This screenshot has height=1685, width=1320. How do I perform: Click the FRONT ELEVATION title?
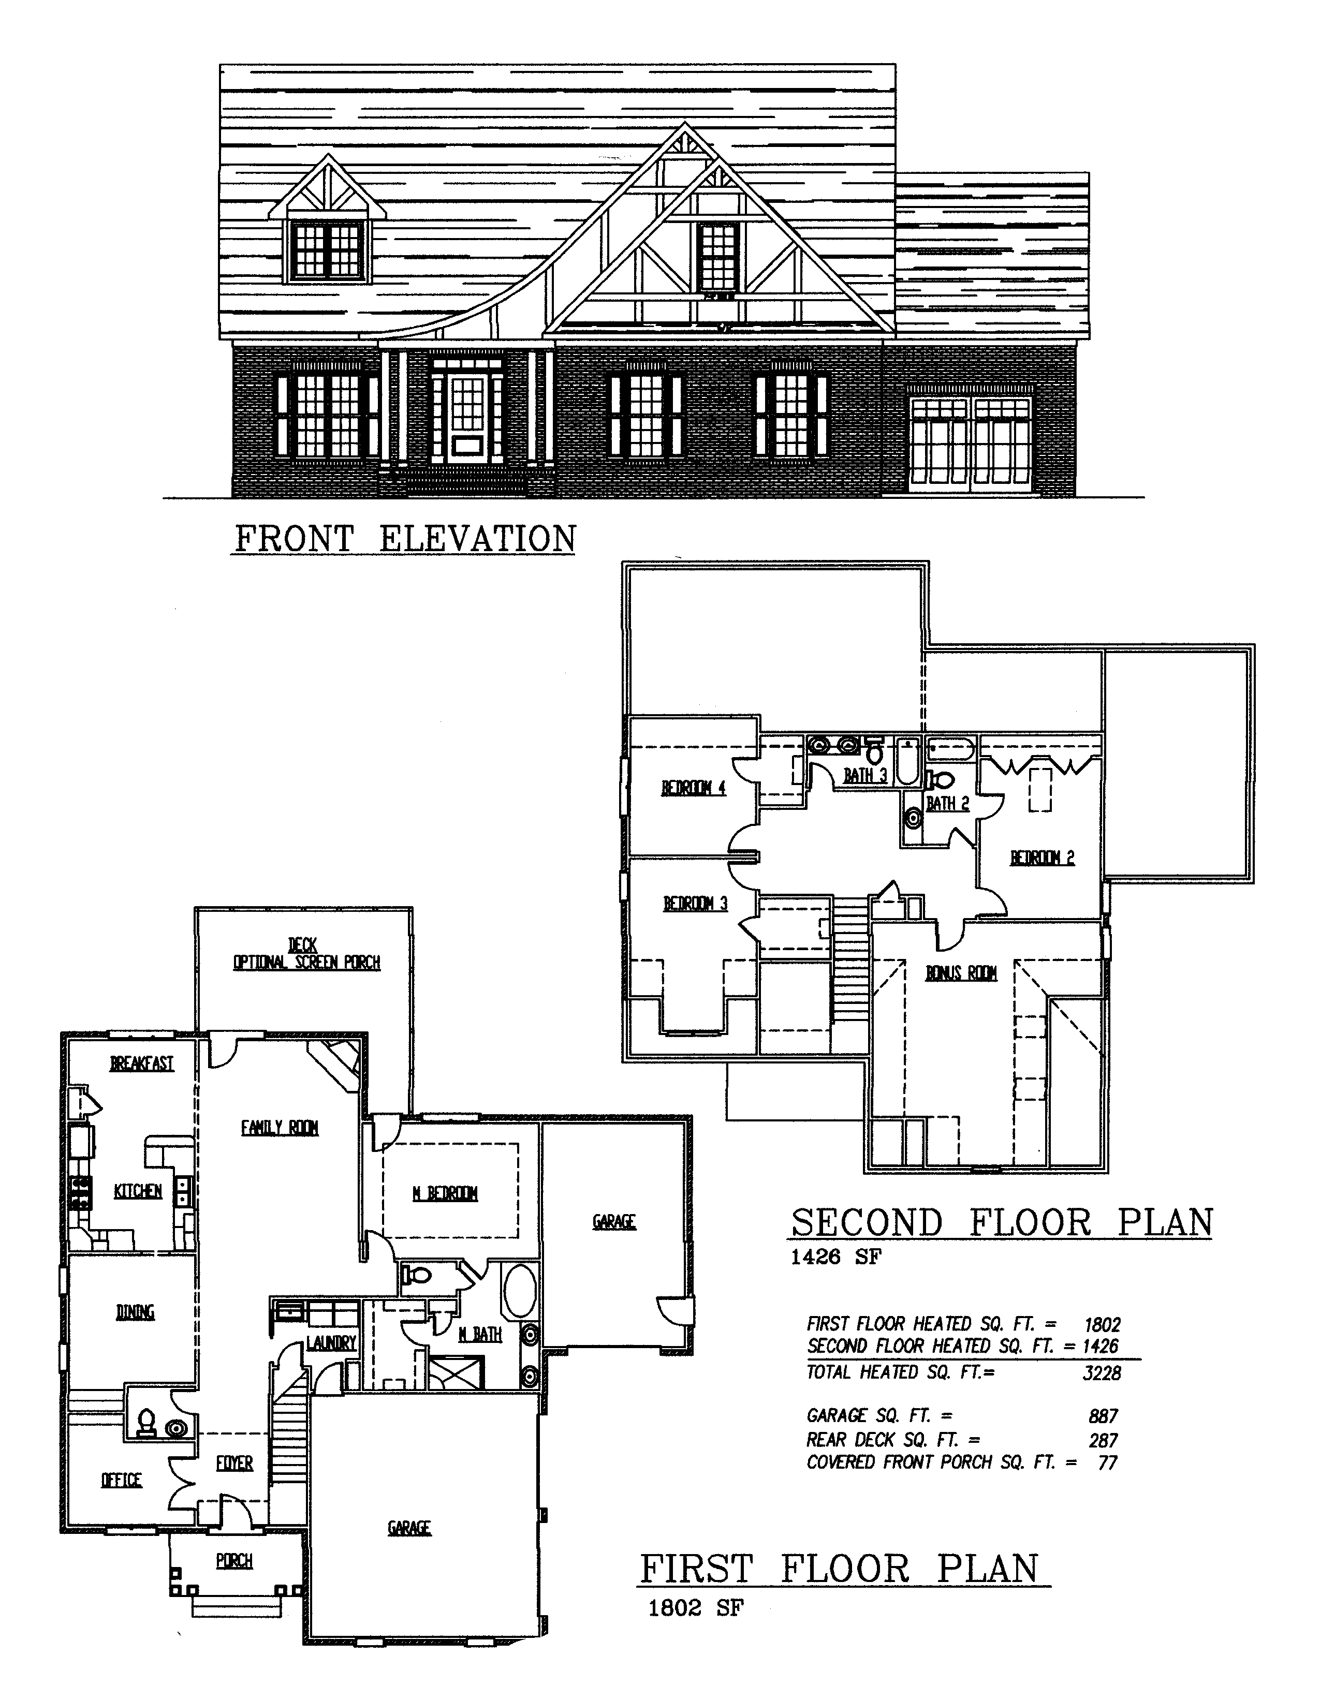coord(406,539)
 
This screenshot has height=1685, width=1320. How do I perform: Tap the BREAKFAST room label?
coord(142,1064)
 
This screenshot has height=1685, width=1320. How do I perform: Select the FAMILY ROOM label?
coord(280,1128)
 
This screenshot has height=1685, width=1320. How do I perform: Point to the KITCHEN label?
coord(138,1191)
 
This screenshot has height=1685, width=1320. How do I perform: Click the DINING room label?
coord(135,1312)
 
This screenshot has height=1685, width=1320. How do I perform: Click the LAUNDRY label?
coord(331,1343)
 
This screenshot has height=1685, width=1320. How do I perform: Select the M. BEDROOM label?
coord(445,1194)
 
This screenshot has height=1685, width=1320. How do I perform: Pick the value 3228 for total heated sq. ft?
coord(1102,1373)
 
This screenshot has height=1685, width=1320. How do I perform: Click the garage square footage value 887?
coord(1104,1416)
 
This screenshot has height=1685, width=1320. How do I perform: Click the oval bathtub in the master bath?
coord(519,1291)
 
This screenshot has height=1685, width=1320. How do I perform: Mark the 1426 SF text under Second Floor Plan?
coord(835,1257)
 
